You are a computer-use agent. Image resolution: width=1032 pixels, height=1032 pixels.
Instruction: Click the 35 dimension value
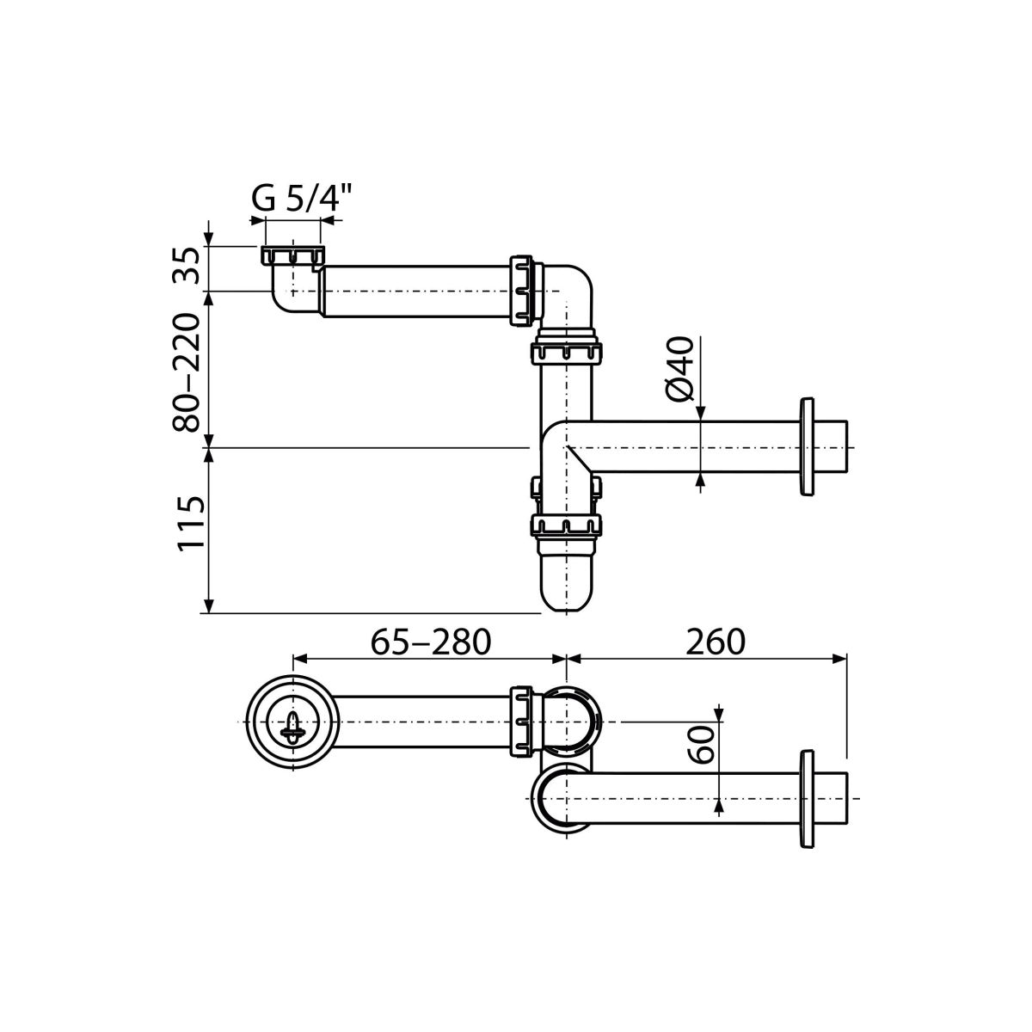pyautogui.click(x=187, y=265)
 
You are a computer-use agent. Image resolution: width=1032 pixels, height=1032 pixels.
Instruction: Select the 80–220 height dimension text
pyautogui.click(x=187, y=372)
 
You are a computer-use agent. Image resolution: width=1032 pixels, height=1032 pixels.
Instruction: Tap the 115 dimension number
pyautogui.click(x=191, y=522)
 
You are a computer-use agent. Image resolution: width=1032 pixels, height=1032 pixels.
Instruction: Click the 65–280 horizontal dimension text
pyautogui.click(x=431, y=642)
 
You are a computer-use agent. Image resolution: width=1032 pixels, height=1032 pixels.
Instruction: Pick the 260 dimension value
pyautogui.click(x=716, y=642)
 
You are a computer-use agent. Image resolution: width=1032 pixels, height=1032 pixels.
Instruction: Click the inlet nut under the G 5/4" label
pyautogui.click(x=293, y=255)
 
